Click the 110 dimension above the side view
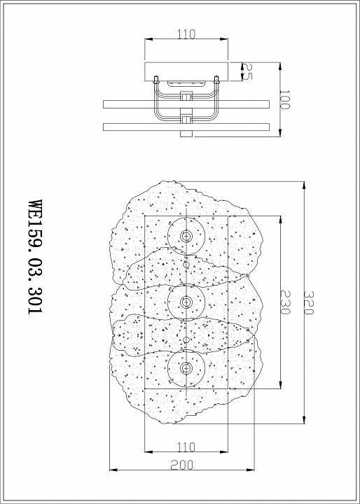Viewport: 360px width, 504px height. (x=186, y=33)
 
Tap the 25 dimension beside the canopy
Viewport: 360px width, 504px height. (x=247, y=70)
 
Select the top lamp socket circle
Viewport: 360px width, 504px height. (x=186, y=237)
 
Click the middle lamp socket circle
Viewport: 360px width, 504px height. (x=186, y=302)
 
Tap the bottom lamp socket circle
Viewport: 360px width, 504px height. (x=186, y=367)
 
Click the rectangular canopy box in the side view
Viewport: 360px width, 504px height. (x=186, y=71)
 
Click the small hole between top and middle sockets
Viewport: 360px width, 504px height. (x=186, y=266)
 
